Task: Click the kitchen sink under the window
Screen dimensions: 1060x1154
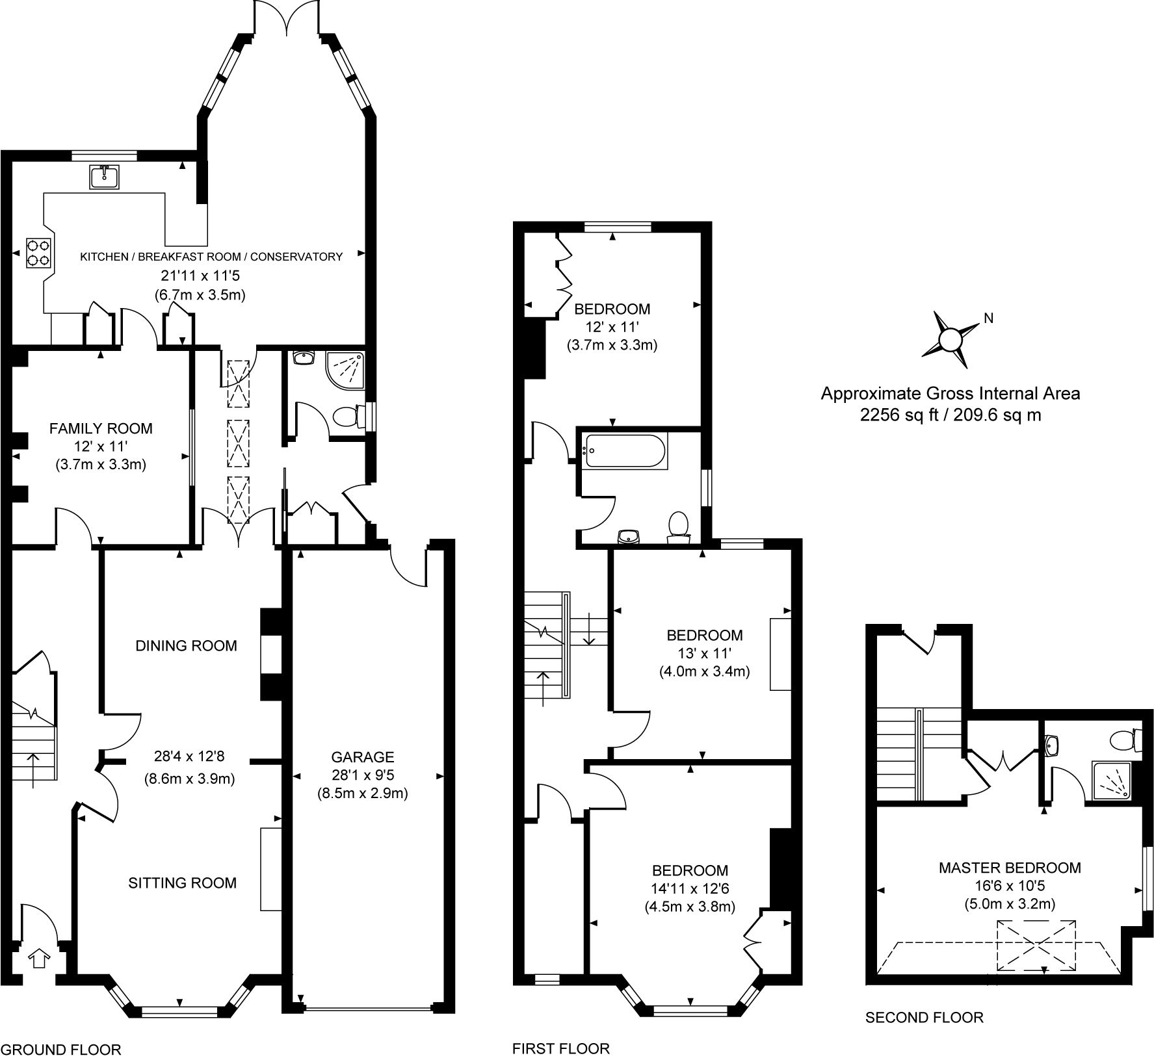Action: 104,177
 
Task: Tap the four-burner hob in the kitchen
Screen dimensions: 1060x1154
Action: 38,253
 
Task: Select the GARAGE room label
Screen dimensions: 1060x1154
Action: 362,757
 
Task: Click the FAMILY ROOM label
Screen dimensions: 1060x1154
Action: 101,428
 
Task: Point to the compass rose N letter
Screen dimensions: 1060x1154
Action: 988,318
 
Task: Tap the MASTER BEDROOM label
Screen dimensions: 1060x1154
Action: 1009,868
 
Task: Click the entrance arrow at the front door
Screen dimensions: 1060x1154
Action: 40,958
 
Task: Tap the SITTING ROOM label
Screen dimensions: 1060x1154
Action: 182,883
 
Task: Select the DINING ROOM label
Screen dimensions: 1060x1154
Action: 186,645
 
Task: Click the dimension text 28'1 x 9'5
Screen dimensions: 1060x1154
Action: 362,775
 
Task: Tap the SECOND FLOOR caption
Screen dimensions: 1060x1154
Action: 924,1017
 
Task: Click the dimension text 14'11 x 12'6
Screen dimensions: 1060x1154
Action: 690,888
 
